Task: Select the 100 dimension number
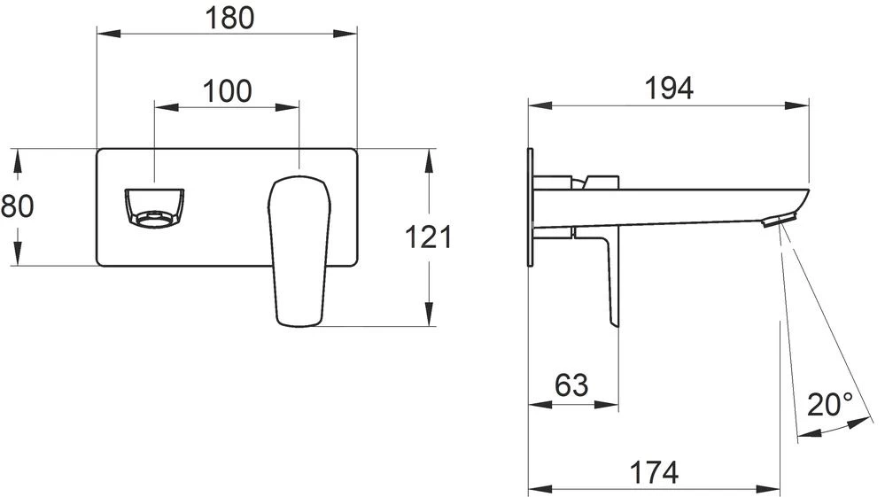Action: (x=227, y=90)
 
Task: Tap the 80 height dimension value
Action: (x=17, y=206)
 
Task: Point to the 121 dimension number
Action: (x=429, y=237)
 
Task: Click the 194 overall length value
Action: (x=668, y=87)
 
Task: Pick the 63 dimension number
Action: (x=571, y=385)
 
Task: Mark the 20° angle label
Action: (x=830, y=405)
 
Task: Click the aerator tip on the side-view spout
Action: (x=780, y=220)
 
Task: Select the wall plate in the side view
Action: (x=530, y=206)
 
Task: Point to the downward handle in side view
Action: (x=612, y=283)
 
